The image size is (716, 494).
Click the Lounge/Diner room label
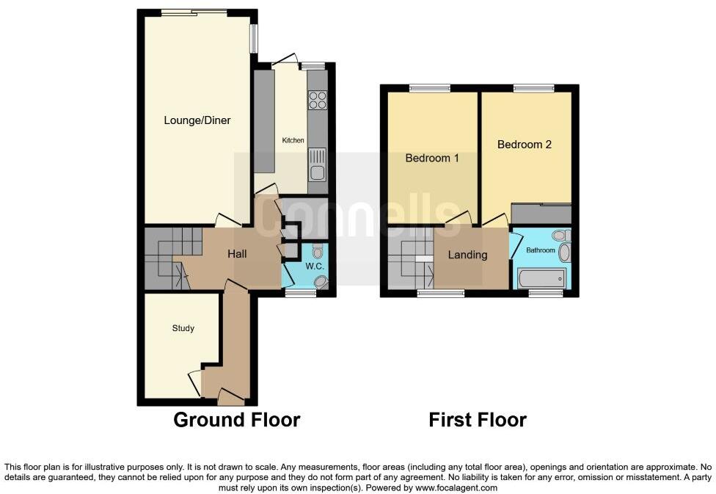point(197,120)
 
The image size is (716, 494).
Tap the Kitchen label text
point(293,139)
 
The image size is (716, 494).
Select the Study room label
point(183,328)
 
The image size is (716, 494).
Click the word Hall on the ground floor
point(236,255)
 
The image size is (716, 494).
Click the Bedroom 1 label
point(432,157)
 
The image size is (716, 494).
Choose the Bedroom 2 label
point(524,145)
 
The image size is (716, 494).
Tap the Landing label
point(467,255)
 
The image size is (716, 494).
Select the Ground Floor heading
point(236,420)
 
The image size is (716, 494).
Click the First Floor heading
point(478,420)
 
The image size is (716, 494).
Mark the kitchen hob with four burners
point(318,100)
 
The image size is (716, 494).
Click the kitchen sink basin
point(318,173)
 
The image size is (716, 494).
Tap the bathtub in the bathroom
point(541,278)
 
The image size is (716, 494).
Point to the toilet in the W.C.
point(317,250)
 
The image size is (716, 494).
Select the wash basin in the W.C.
point(320,282)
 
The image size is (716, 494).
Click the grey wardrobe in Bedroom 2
point(541,214)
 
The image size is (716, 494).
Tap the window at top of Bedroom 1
point(430,89)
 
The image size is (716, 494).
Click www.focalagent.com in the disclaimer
point(457,487)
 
